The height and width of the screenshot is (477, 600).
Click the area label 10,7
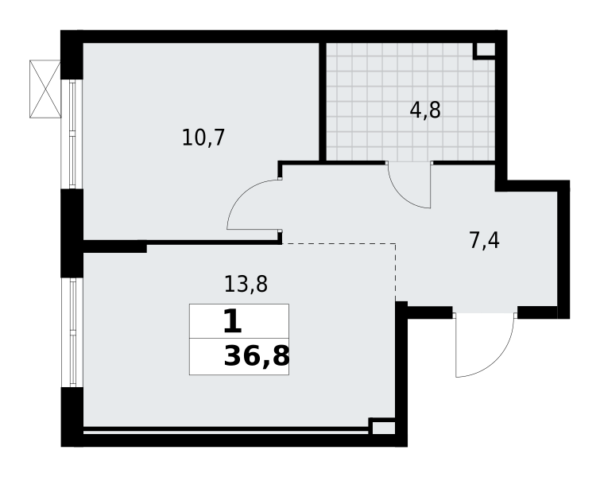203,138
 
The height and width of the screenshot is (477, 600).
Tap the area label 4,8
425,111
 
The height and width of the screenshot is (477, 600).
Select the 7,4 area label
484,240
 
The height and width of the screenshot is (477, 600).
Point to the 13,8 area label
246,284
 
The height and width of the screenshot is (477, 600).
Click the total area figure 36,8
256,357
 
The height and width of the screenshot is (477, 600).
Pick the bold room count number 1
231,322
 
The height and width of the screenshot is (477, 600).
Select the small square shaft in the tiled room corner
485,49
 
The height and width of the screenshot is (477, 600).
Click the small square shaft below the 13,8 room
382,427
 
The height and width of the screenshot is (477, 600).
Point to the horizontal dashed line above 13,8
338,244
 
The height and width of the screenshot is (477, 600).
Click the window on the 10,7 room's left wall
81,134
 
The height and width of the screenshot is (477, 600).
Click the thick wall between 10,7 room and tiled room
323,102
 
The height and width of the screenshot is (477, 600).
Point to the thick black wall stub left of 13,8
115,247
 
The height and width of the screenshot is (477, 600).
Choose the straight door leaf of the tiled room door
430,185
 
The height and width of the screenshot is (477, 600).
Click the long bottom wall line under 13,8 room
226,431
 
